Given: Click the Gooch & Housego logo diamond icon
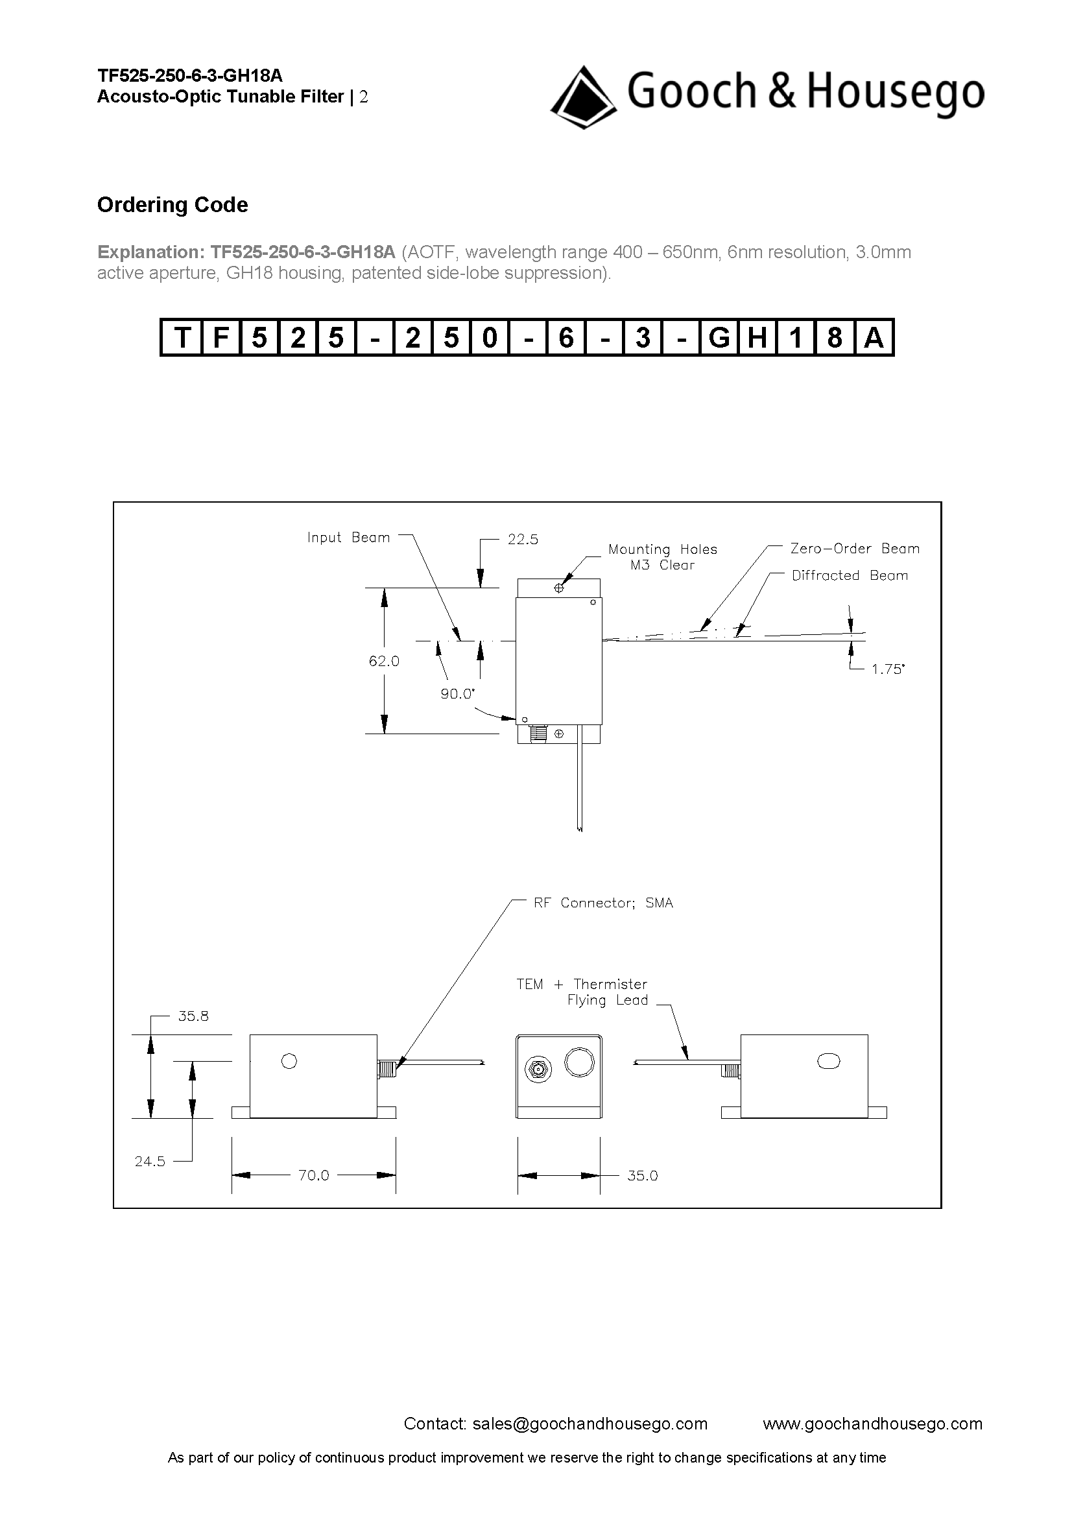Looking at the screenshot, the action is coord(583,97).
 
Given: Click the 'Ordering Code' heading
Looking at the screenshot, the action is coord(173,205).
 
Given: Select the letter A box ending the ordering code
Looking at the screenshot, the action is coord(873,338).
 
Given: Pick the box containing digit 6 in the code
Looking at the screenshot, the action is coord(566,338).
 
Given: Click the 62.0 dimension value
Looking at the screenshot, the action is coord(384,661).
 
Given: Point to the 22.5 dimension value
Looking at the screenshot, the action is coord(523,539).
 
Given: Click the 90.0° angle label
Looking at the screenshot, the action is coord(457,694).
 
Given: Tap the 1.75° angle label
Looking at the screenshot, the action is coord(888,669).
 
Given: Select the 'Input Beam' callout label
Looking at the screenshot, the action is coord(348,538).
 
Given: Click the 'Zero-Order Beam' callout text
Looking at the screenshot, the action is coord(855,549).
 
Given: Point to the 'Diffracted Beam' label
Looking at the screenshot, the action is coord(850,575).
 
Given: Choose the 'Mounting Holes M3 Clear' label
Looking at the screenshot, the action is coord(663,557).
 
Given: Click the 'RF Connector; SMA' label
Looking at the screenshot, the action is coord(603,903).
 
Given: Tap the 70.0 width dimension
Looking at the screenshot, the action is coord(314,1175).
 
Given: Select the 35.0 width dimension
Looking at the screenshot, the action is coord(642,1175).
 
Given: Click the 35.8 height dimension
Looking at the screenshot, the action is coord(193,1016).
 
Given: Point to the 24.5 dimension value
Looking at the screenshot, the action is coord(150,1162).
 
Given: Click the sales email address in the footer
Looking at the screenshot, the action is coord(590,1424).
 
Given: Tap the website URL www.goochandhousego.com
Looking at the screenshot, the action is coord(872,1424).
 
